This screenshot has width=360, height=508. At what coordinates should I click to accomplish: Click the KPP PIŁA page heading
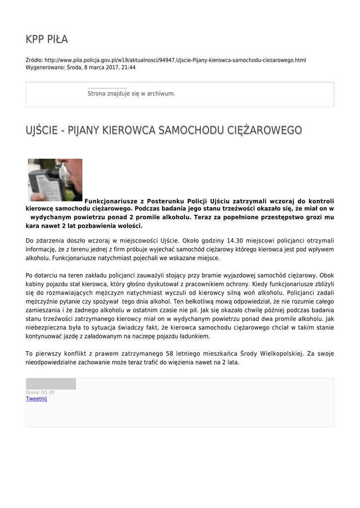point(47,39)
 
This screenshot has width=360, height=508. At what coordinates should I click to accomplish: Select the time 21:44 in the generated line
point(129,67)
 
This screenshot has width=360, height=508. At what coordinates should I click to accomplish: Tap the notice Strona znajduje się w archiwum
point(131,93)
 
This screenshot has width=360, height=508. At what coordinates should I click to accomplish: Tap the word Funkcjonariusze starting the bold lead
point(111,201)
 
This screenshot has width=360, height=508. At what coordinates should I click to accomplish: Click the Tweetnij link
point(36,399)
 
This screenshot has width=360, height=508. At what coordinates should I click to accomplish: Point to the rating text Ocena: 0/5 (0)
point(40,392)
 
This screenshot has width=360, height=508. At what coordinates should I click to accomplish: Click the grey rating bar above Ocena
point(51,383)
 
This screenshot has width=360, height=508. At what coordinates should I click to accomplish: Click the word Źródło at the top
point(34,60)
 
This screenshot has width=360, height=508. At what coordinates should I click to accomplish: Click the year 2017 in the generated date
point(111,67)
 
